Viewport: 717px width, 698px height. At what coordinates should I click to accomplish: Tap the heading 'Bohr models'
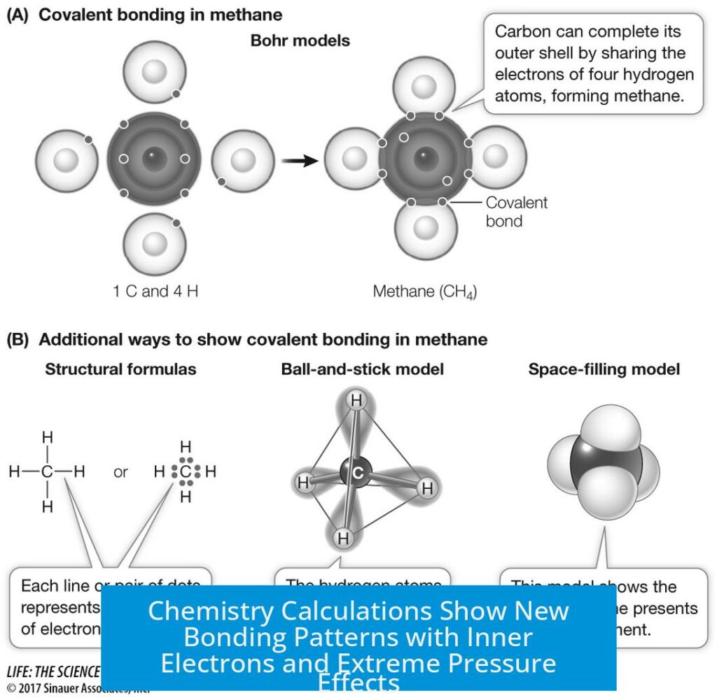point(300,41)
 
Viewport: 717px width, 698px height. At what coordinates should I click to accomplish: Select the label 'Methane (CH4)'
point(424,291)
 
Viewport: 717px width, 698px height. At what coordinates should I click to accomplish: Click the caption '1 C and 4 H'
point(155,291)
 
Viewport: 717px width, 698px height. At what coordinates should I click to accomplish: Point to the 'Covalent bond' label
point(516,211)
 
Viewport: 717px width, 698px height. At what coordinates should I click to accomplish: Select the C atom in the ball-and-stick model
point(357,473)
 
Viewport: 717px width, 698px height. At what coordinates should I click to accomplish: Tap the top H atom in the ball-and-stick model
point(357,401)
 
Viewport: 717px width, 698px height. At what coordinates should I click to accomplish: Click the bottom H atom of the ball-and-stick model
point(342,539)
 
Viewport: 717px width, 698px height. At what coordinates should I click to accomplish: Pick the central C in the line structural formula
point(48,472)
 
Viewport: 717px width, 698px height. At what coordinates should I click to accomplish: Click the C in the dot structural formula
point(186,472)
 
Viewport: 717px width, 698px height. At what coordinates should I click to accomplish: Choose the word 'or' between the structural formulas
point(120,472)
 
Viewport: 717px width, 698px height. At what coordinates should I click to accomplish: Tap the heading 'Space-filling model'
point(604,369)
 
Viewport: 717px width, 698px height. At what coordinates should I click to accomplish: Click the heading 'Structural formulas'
point(120,369)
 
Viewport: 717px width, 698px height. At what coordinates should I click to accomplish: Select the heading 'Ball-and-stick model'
point(362,369)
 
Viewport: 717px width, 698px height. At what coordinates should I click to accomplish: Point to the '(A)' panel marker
point(19,15)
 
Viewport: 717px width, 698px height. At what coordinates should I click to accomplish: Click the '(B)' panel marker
point(19,340)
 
